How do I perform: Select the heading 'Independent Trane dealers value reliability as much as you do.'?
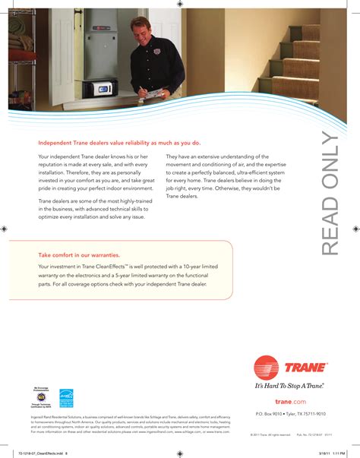coord(119,142)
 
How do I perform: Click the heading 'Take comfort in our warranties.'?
coord(74,256)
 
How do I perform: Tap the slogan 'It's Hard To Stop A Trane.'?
coord(289,386)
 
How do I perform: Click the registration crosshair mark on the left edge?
coord(5,227)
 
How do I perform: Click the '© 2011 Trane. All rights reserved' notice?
coord(270,435)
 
